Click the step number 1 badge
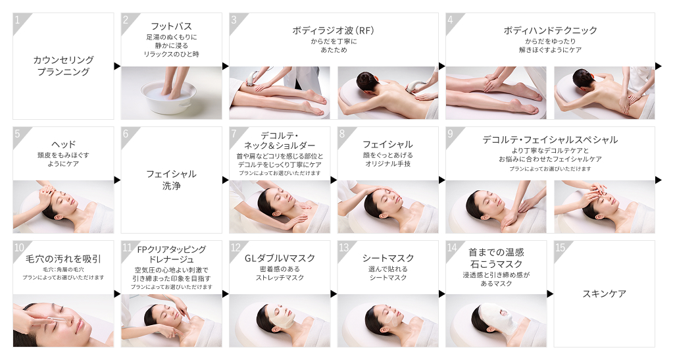(18, 19)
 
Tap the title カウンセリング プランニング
(63, 66)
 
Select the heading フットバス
(171, 26)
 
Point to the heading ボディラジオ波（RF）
(333, 30)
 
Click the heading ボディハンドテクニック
(550, 30)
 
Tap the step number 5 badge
(18, 133)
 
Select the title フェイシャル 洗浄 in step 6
(171, 180)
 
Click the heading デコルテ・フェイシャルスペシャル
(550, 140)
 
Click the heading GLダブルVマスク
(280, 257)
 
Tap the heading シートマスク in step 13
(387, 257)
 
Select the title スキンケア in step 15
(604, 294)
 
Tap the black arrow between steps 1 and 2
(117, 66)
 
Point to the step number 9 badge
(451, 133)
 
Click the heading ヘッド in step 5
(63, 143)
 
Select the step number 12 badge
(235, 247)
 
